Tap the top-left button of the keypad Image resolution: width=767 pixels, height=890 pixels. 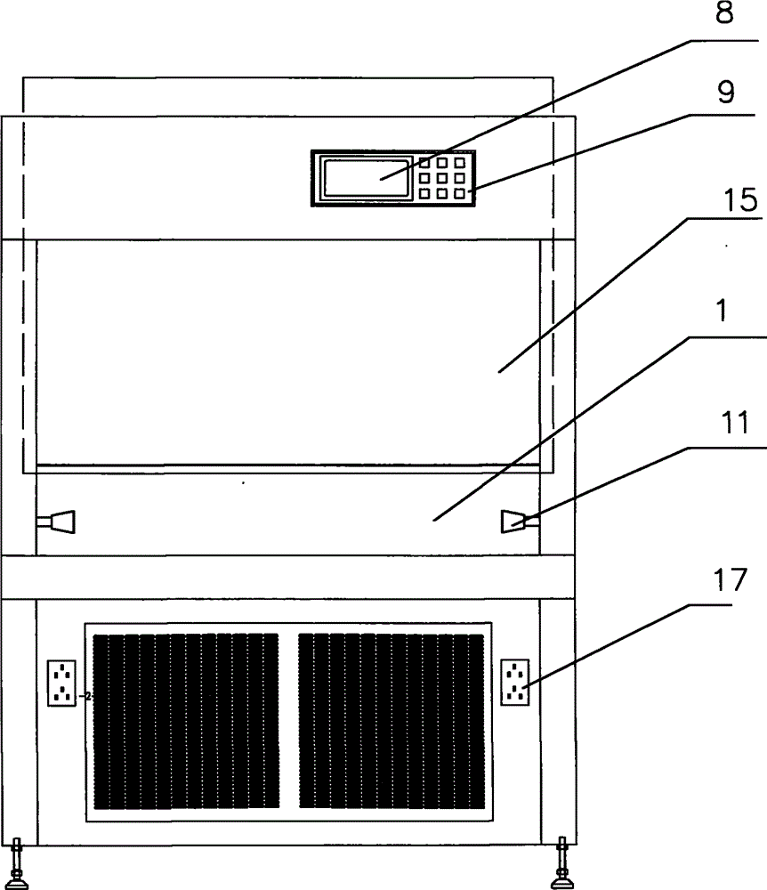tap(424, 164)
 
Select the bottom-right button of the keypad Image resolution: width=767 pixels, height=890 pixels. tap(459, 193)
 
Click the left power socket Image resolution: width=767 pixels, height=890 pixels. tap(61, 683)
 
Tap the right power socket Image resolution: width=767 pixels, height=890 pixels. tap(516, 683)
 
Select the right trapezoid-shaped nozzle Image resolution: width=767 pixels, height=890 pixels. tap(515, 522)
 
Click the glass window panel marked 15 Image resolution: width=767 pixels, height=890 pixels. tap(287, 352)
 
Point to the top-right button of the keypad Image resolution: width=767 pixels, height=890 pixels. tap(459, 164)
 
